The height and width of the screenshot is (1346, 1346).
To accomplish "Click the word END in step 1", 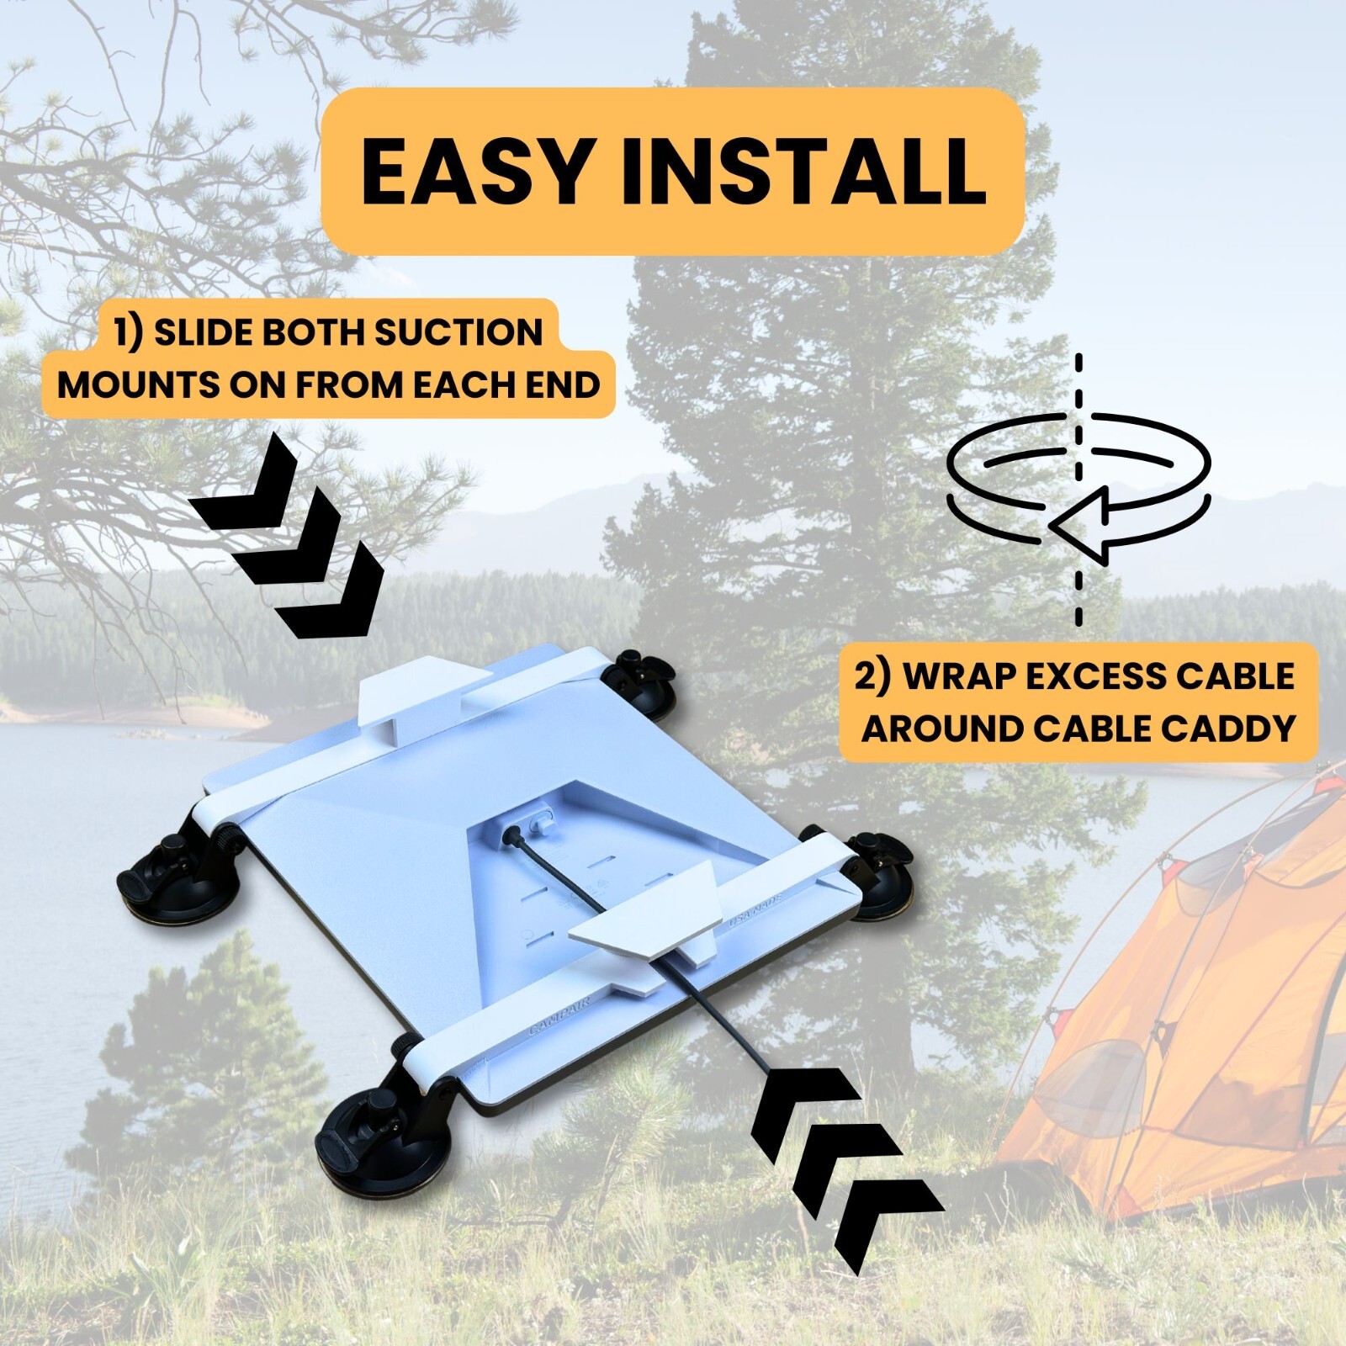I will [x=566, y=385].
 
